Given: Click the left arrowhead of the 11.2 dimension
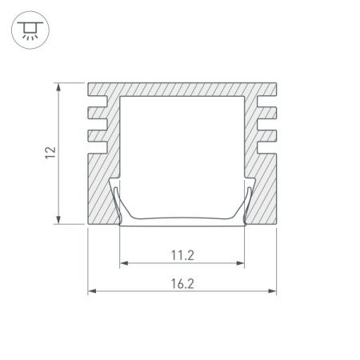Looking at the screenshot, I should click(122, 262).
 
